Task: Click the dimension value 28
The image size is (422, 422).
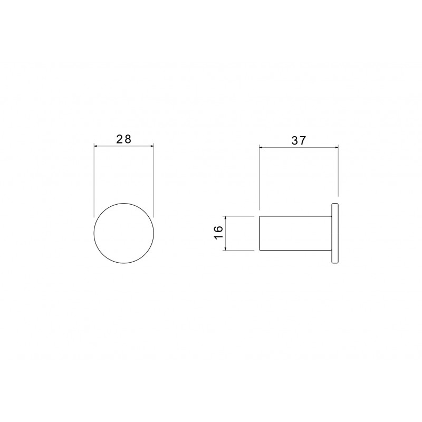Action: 123,139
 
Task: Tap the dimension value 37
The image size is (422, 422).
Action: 299,140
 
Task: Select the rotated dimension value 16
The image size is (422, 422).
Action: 218,233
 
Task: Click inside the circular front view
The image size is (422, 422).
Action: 124,233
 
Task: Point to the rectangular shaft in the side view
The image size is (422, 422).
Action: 295,233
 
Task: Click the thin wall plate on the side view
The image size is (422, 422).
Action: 335,233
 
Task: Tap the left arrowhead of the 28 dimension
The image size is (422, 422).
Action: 95,146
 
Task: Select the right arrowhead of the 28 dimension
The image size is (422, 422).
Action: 152,146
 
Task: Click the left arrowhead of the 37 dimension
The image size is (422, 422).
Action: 261,147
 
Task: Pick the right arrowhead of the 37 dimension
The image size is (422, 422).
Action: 337,147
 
